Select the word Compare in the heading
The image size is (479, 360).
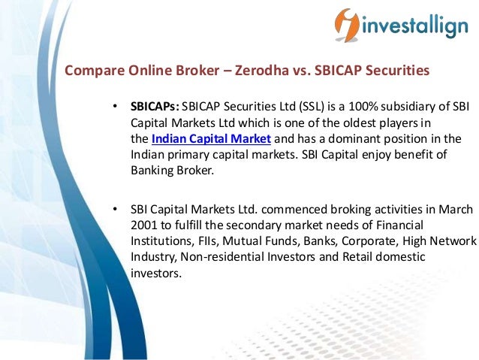tap(90, 71)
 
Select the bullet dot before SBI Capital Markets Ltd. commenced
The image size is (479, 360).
tap(115, 209)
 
